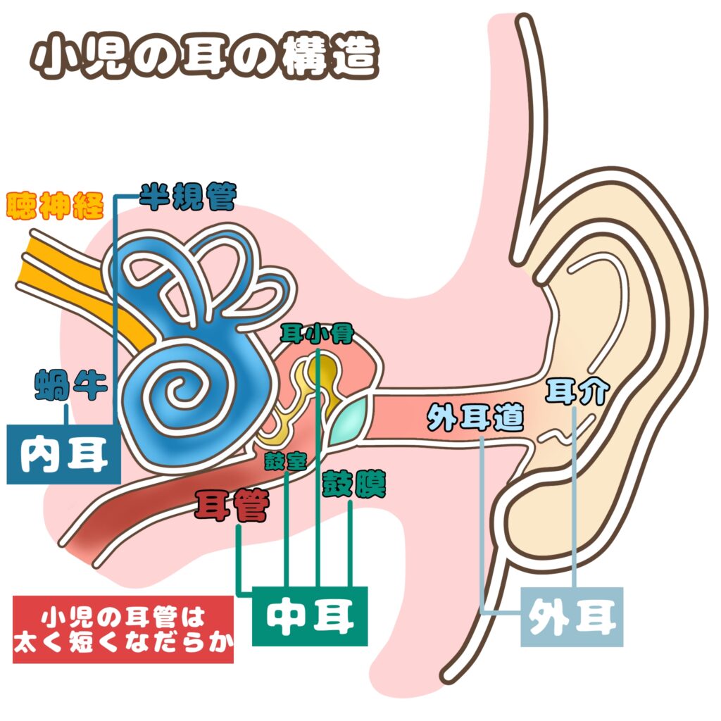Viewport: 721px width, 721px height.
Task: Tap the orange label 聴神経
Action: coord(55,206)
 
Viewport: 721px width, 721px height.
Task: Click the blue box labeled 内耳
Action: coord(63,454)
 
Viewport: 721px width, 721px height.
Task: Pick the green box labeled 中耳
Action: coord(310,615)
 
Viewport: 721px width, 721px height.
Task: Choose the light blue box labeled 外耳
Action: coord(572,617)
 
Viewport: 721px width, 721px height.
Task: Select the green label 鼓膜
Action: coord(353,485)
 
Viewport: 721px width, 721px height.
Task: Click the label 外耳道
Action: coord(476,420)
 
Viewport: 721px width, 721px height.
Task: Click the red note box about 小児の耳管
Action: coord(123,629)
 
